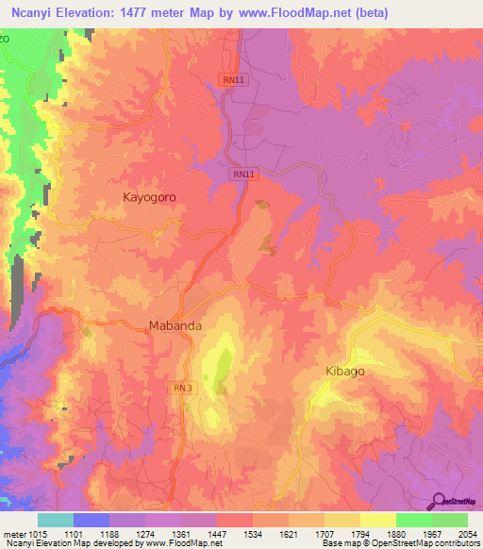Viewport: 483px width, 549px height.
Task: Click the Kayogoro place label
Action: [x=149, y=197]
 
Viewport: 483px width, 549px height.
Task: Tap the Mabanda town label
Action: [x=175, y=326]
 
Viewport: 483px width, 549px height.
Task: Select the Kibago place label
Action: [x=344, y=371]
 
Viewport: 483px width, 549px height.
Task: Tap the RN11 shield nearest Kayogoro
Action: [x=243, y=175]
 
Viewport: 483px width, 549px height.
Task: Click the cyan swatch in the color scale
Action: [x=55, y=520]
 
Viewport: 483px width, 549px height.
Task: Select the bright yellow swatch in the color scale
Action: [x=377, y=520]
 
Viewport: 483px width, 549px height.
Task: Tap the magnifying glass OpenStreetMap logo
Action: [x=438, y=501]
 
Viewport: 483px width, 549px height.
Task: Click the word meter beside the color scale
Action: [x=13, y=533]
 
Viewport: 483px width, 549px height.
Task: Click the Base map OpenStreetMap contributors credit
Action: [x=400, y=543]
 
